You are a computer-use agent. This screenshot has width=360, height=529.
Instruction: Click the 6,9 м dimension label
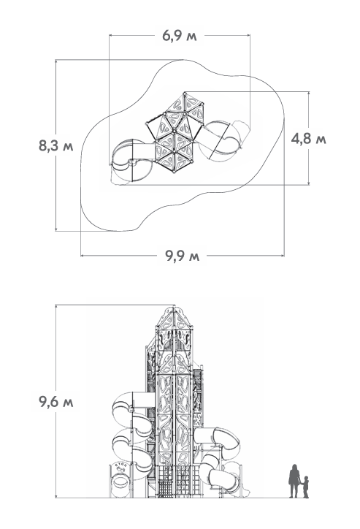179,35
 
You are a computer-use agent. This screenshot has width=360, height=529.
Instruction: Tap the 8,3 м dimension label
56,146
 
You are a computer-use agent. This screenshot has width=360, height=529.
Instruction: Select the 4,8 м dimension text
308,138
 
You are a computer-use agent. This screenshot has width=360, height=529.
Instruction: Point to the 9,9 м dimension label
182,256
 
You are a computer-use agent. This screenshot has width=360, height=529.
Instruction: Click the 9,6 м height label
56,401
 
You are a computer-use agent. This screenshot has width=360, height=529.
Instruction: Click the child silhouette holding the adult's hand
305,487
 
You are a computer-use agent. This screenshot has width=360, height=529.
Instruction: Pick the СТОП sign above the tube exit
121,465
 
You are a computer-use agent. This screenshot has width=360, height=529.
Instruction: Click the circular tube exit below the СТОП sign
120,481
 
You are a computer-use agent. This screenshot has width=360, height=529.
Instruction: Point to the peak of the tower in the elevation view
175,306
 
